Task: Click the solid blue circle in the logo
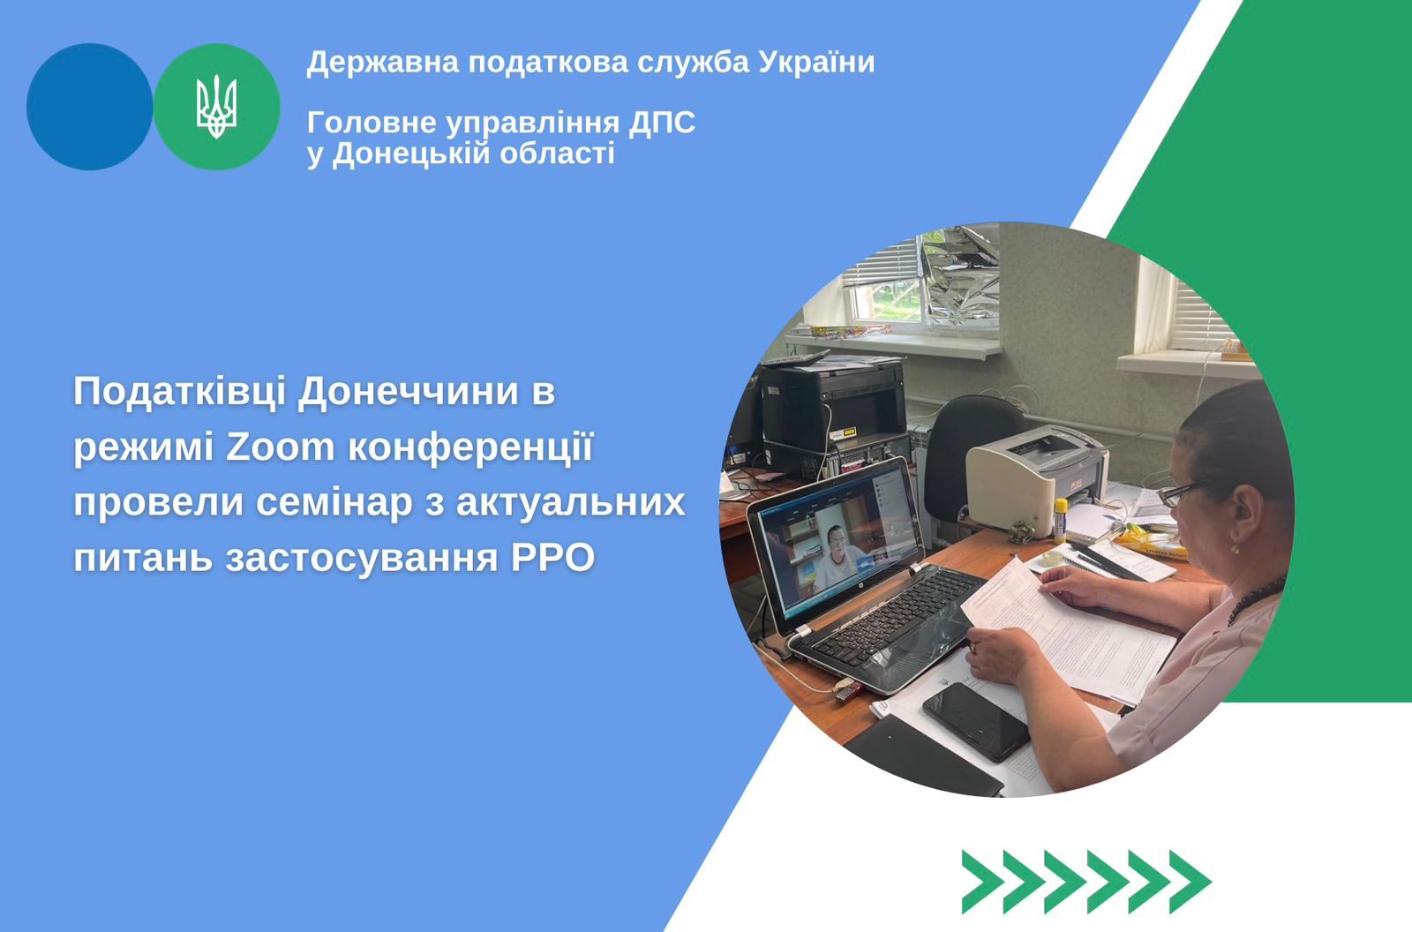[89, 107]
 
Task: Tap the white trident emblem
[216, 107]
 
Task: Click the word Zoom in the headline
[281, 447]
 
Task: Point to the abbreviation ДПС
[661, 123]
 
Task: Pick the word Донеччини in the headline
[408, 392]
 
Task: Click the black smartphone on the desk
[975, 721]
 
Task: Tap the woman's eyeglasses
[1179, 492]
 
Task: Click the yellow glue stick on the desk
[1061, 520]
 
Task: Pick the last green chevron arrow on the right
[1190, 882]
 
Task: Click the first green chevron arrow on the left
[983, 882]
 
